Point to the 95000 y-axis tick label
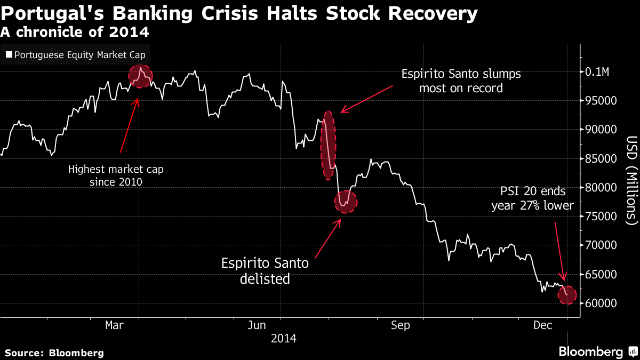coord(602,101)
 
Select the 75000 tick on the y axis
coord(602,217)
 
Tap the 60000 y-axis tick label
coord(602,303)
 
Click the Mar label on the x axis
coord(115,325)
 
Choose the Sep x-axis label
coord(401,325)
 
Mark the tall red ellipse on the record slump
coord(329,145)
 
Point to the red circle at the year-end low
coord(567,295)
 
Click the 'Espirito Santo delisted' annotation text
coord(265,270)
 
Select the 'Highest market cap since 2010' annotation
coord(116,176)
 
